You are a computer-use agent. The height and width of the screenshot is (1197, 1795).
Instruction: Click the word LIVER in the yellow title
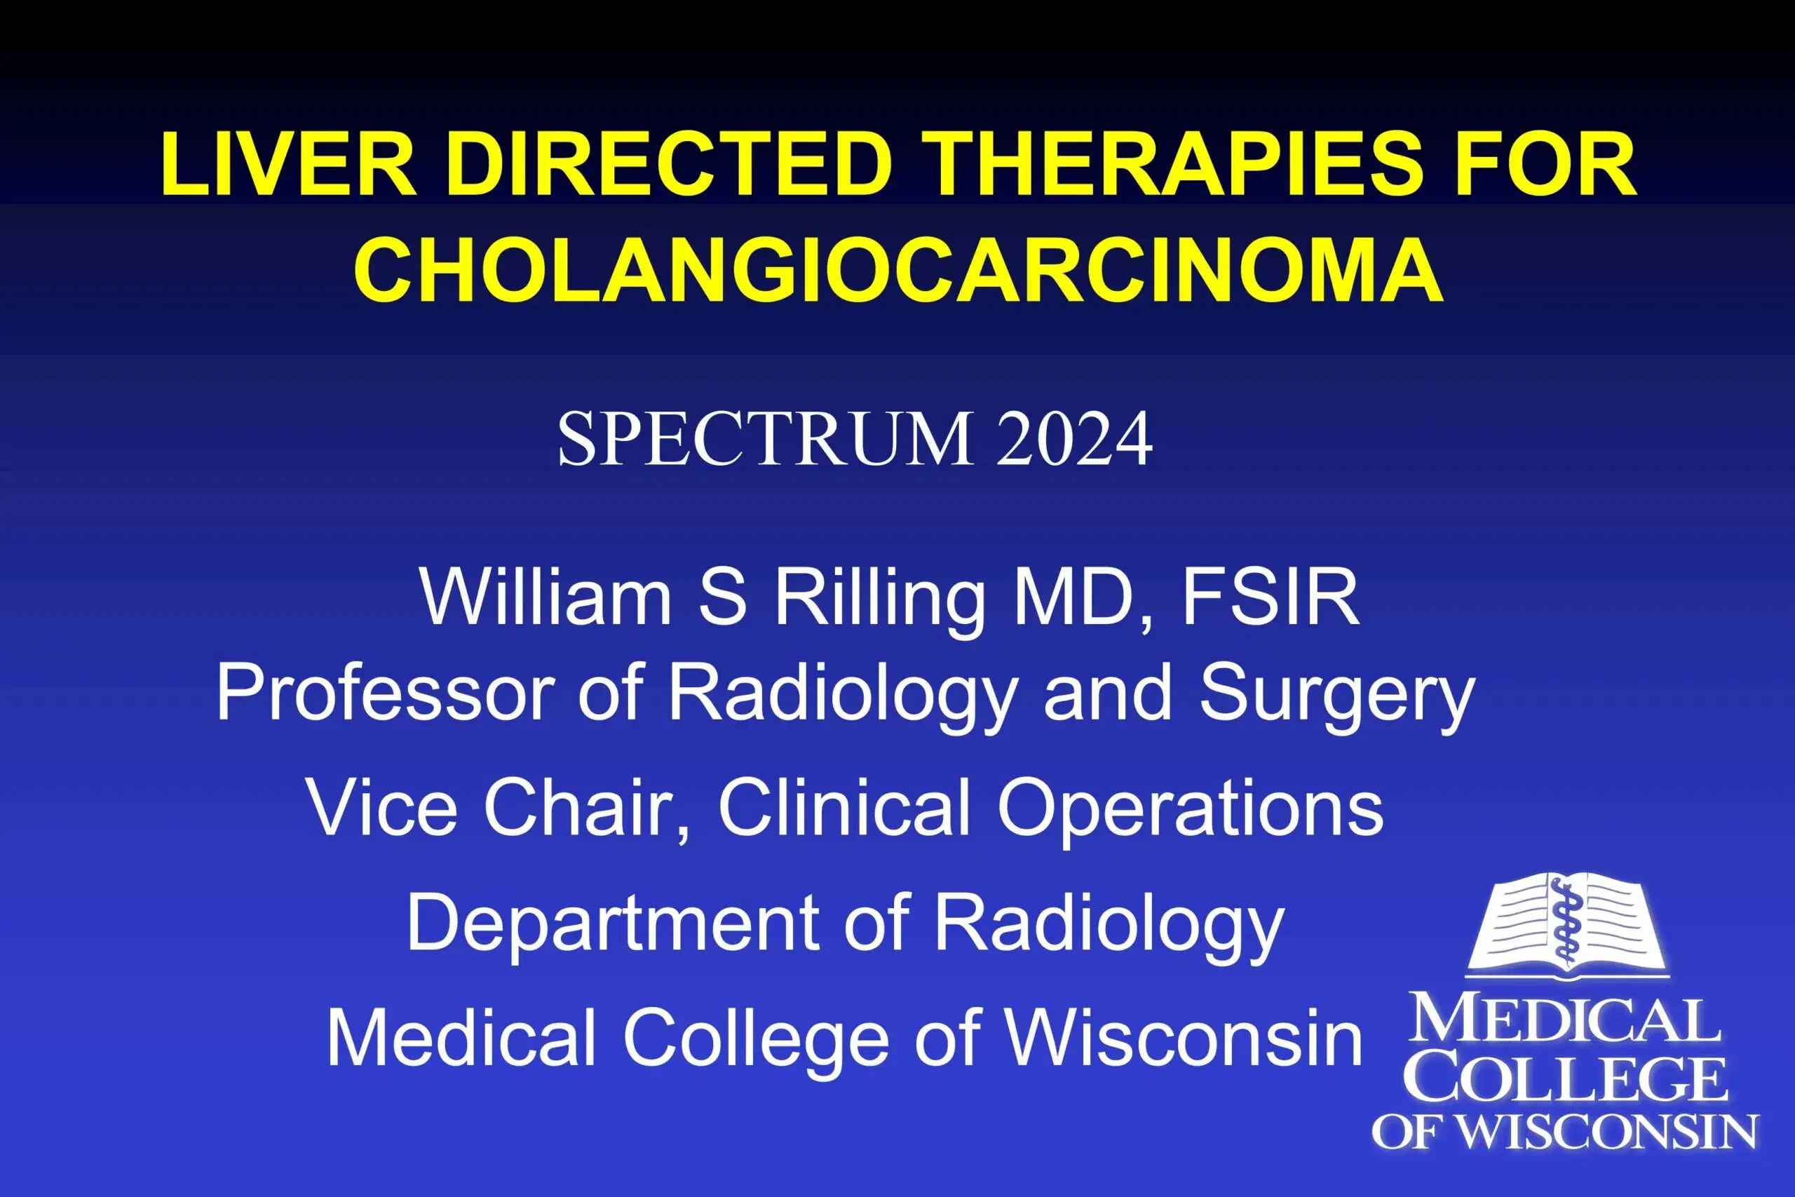288,165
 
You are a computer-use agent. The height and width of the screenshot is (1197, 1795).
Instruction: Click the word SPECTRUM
764,439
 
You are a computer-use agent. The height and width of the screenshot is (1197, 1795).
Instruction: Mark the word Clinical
844,808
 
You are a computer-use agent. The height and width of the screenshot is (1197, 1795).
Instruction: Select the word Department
611,924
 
